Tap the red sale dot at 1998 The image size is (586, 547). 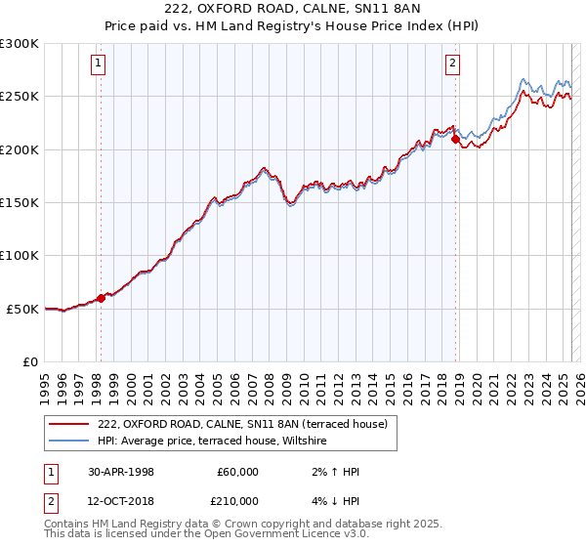point(101,298)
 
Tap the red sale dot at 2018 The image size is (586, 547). point(455,140)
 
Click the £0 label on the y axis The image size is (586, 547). point(29,361)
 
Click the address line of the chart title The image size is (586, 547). point(293,11)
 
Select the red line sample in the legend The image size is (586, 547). point(68,424)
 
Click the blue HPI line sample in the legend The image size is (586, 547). point(68,442)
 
